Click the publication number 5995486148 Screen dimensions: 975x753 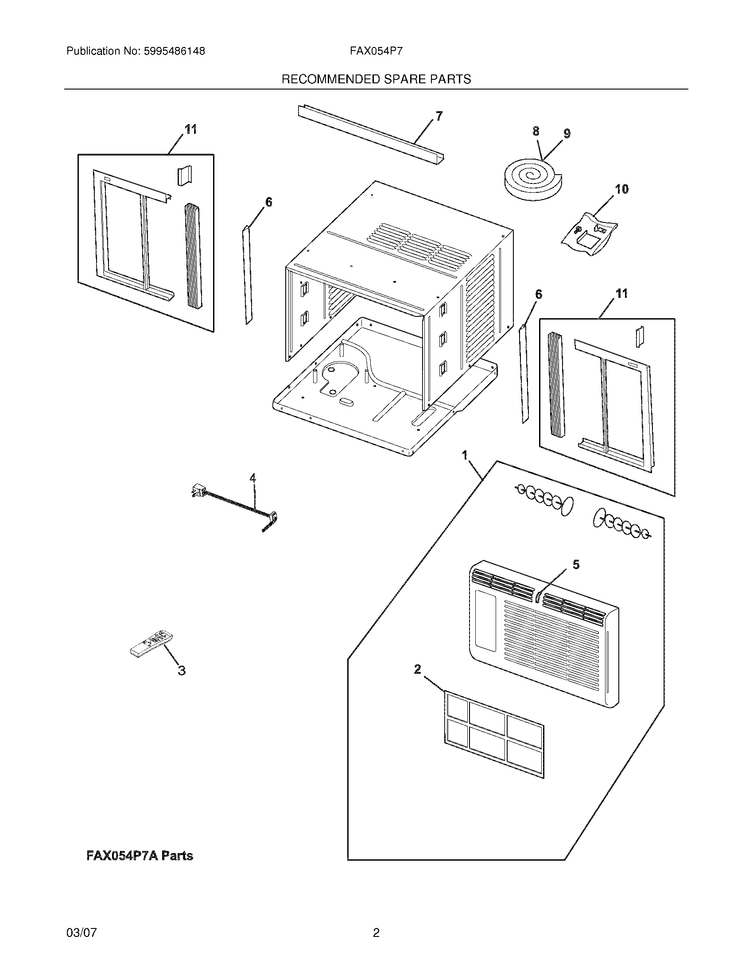click(174, 51)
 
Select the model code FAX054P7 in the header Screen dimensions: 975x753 click(376, 51)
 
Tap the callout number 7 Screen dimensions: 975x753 click(439, 116)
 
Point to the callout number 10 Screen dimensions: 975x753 click(622, 189)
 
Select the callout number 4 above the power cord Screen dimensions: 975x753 click(253, 478)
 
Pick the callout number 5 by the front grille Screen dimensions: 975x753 click(576, 565)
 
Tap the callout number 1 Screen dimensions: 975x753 click(465, 455)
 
